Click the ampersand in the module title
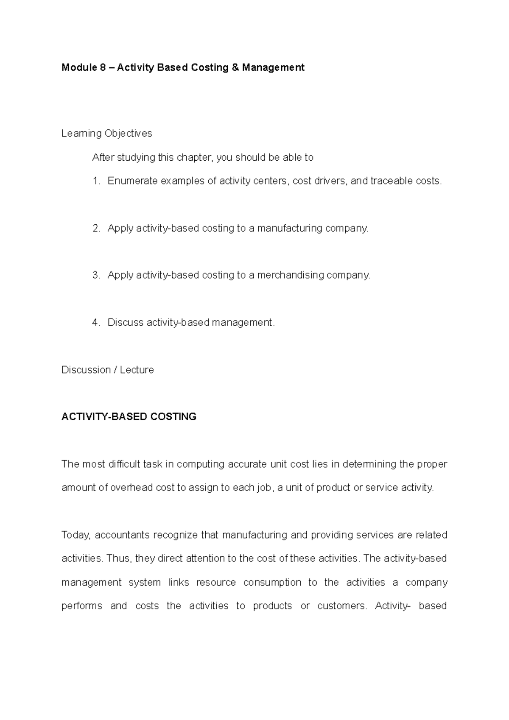pyautogui.click(x=235, y=67)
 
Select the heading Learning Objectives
pyautogui.click(x=106, y=134)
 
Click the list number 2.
pyautogui.click(x=96, y=228)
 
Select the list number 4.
pyautogui.click(x=96, y=322)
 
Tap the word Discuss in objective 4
pyautogui.click(x=126, y=322)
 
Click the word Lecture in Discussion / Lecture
pyautogui.click(x=137, y=370)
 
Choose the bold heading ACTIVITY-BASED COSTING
pyautogui.click(x=129, y=417)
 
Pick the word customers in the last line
pyautogui.click(x=342, y=606)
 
